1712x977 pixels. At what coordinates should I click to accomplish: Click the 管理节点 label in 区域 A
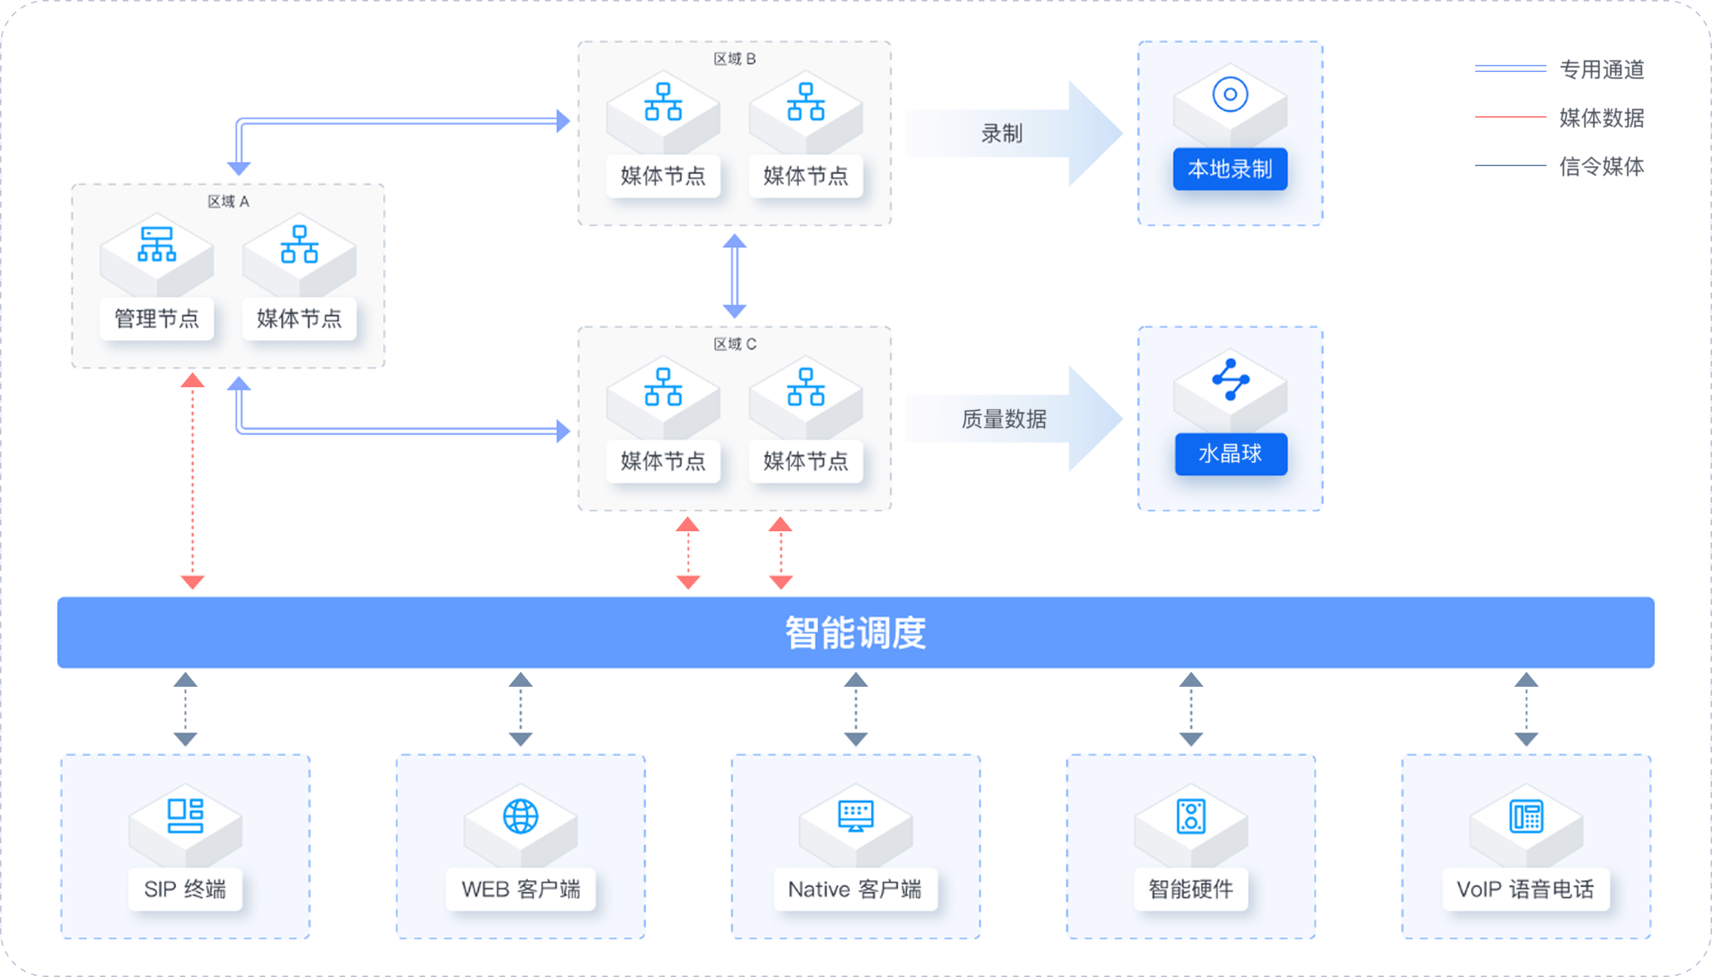157,319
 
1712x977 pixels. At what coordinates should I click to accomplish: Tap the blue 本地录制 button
1230,169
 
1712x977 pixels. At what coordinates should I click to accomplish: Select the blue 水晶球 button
1231,454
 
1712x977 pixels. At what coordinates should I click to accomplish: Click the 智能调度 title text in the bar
855,633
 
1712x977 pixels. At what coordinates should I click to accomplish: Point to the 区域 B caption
735,58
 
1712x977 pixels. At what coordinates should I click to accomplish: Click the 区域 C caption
735,344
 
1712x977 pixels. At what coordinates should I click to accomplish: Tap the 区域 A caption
228,201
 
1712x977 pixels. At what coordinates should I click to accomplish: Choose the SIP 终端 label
185,889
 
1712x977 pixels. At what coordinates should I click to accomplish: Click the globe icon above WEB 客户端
521,816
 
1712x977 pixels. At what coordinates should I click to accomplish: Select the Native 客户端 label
855,889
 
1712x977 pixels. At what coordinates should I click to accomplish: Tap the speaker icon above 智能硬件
1191,816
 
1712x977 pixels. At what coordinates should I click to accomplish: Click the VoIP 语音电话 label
1525,889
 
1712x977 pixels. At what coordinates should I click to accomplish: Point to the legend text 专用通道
1601,69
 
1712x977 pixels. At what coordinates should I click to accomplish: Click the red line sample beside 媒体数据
1510,116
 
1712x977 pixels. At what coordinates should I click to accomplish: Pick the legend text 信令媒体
1601,166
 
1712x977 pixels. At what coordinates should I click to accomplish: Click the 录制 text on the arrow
1002,133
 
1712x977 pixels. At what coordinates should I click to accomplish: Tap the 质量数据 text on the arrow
1004,419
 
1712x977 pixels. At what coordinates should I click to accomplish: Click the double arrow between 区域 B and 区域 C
735,276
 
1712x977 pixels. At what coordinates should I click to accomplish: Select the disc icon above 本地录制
1230,94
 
